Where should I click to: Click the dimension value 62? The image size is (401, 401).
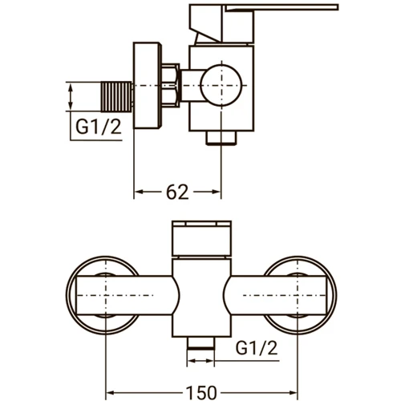[178, 192]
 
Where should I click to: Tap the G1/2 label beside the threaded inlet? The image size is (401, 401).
[99, 126]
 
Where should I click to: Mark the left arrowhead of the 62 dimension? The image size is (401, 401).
[137, 192]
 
